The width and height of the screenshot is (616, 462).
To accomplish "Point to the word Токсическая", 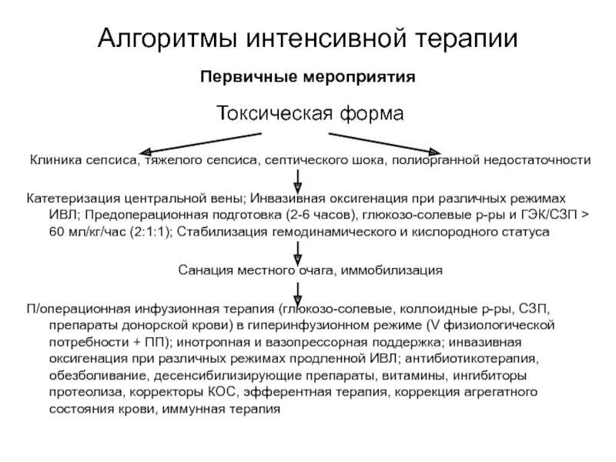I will click(274, 115).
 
